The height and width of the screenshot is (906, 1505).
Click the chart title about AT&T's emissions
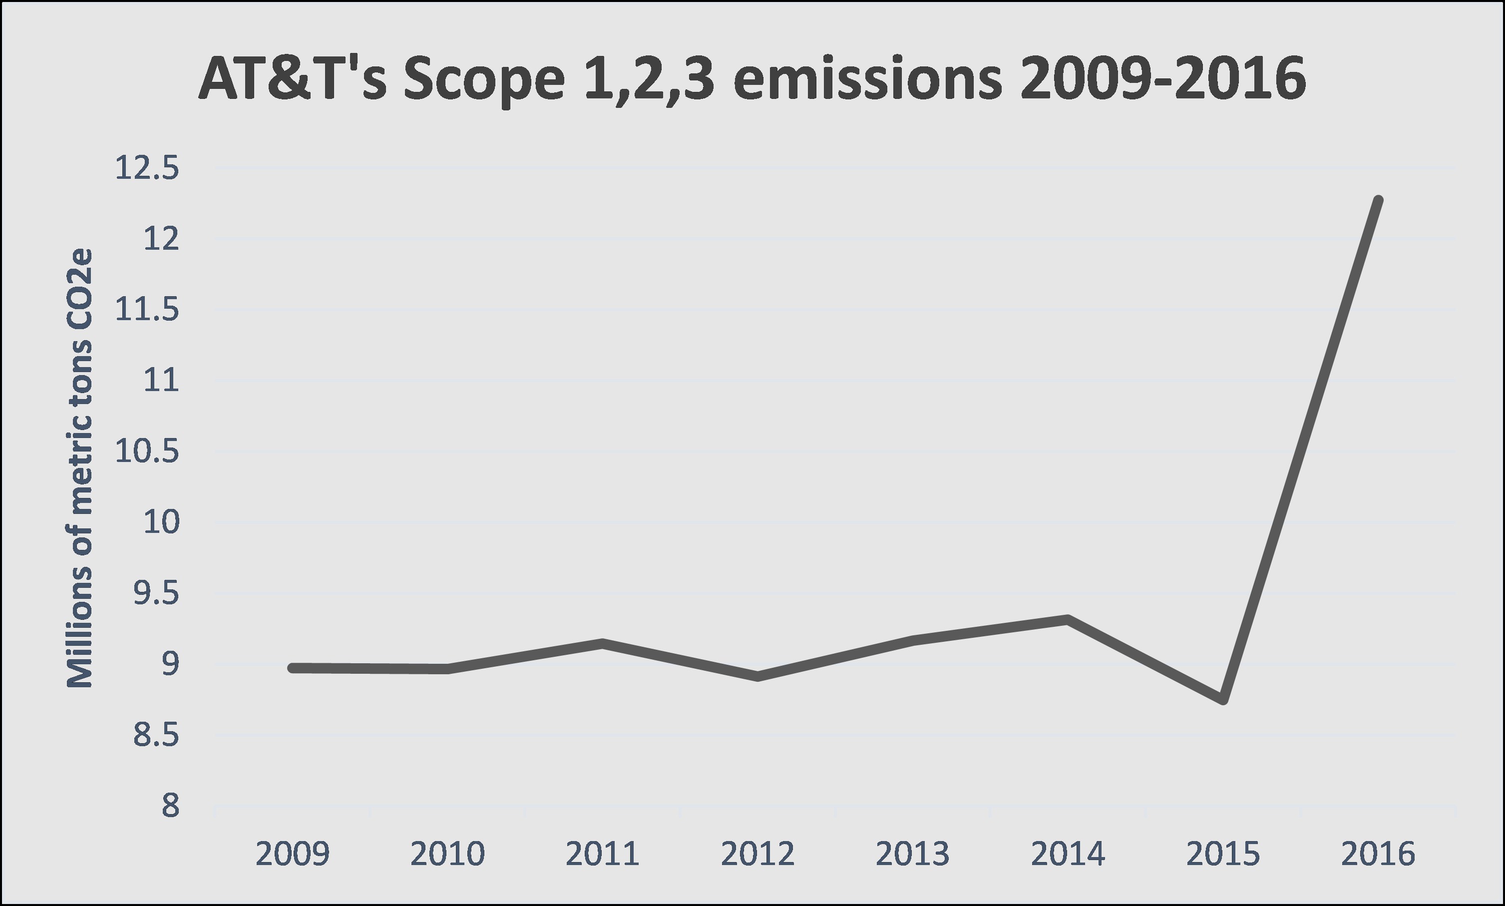coord(752,79)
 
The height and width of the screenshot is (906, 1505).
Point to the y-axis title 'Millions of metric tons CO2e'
coord(79,468)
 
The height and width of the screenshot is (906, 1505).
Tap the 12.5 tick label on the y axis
coord(147,168)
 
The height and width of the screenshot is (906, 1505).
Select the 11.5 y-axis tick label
coord(147,310)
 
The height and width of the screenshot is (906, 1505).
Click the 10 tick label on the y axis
coord(161,522)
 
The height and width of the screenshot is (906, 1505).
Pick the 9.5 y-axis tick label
coord(156,593)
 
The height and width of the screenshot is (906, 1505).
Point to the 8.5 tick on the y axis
coord(156,735)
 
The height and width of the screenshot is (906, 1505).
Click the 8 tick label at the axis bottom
coord(170,806)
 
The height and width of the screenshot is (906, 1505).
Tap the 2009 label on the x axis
coord(292,854)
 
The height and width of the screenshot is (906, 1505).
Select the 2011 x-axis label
coord(602,854)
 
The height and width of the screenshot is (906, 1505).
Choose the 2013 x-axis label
coord(912,854)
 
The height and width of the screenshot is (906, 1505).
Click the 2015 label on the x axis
coord(1223,854)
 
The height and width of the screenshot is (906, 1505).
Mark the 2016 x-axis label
coord(1378,854)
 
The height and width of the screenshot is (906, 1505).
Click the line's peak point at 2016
coord(1378,200)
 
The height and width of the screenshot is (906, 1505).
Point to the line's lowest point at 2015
coord(1223,700)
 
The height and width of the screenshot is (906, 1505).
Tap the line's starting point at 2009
coord(292,668)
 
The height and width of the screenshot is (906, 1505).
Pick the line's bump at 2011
coord(602,643)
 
